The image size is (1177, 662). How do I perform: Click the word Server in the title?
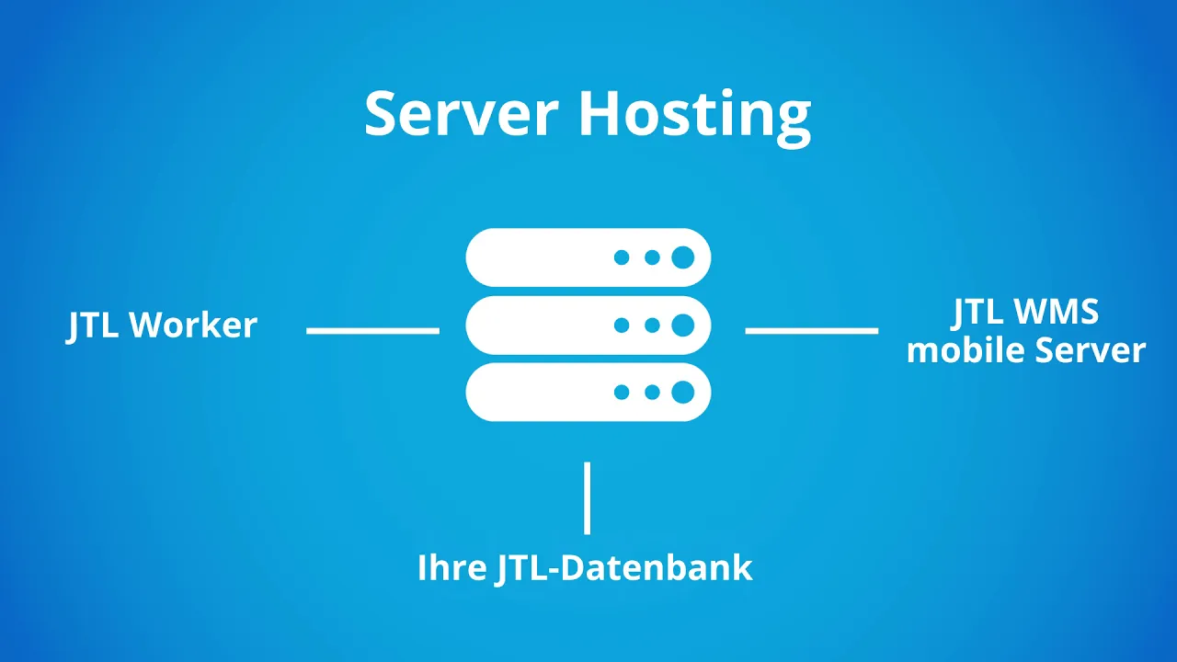coord(461,115)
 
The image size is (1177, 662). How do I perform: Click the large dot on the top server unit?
coord(682,257)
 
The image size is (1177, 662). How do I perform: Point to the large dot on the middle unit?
coord(682,325)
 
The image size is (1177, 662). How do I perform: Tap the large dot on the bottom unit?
coord(682,393)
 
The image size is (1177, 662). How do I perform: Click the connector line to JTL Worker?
coord(372,330)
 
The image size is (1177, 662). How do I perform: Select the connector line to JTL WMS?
coord(811,330)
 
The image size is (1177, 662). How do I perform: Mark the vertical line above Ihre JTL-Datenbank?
coord(587,497)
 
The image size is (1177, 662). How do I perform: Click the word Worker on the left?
coord(193,325)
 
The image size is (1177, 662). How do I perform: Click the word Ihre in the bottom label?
coord(451,567)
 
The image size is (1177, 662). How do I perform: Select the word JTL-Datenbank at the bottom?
coord(624,567)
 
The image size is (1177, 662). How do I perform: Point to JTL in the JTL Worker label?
coord(94,325)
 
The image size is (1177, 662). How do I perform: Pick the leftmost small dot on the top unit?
coord(622,257)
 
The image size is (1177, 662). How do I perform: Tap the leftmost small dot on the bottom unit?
coord(622,393)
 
